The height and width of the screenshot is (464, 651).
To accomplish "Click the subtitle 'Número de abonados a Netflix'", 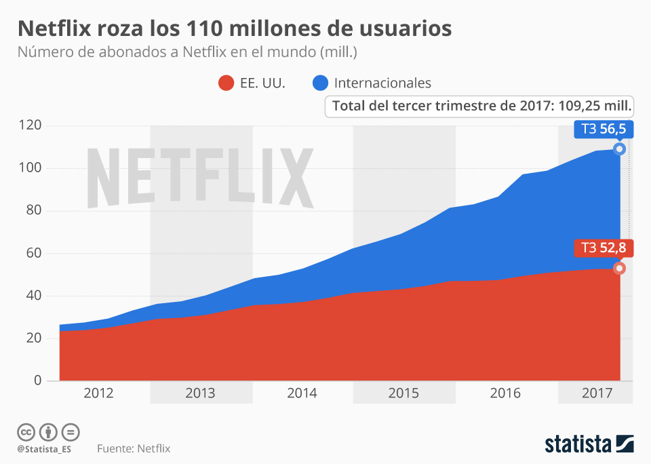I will (x=187, y=52).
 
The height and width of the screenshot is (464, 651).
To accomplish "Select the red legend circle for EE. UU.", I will (x=226, y=83).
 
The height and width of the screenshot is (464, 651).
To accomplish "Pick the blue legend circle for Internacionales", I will (x=321, y=83).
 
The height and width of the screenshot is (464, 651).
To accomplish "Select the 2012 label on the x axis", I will (x=98, y=393).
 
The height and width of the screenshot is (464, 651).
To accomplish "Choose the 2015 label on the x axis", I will (x=403, y=393).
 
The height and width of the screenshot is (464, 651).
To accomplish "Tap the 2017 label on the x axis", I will (x=597, y=393).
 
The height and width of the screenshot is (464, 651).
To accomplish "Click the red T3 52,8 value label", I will (x=604, y=248).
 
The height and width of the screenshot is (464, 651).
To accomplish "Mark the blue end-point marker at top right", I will (x=619, y=149).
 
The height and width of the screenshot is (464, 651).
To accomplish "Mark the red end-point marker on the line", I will (x=619, y=268).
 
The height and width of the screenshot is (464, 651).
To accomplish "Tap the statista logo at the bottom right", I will (x=589, y=444).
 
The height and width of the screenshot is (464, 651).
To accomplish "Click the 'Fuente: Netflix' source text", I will (x=134, y=448).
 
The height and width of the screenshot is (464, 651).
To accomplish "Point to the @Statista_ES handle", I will (x=45, y=449).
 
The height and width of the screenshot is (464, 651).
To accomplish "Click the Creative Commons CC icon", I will (x=26, y=431).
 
